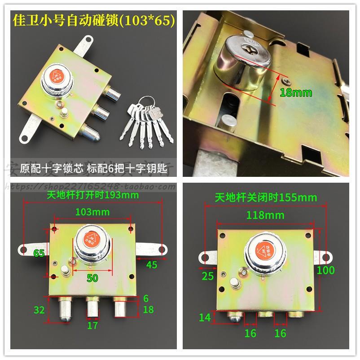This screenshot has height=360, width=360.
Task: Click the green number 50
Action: click(92, 278)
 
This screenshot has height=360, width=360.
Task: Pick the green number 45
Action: click(152, 265)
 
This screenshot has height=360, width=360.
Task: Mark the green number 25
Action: click(207, 276)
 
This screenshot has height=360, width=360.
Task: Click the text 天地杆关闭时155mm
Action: click(265, 197)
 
